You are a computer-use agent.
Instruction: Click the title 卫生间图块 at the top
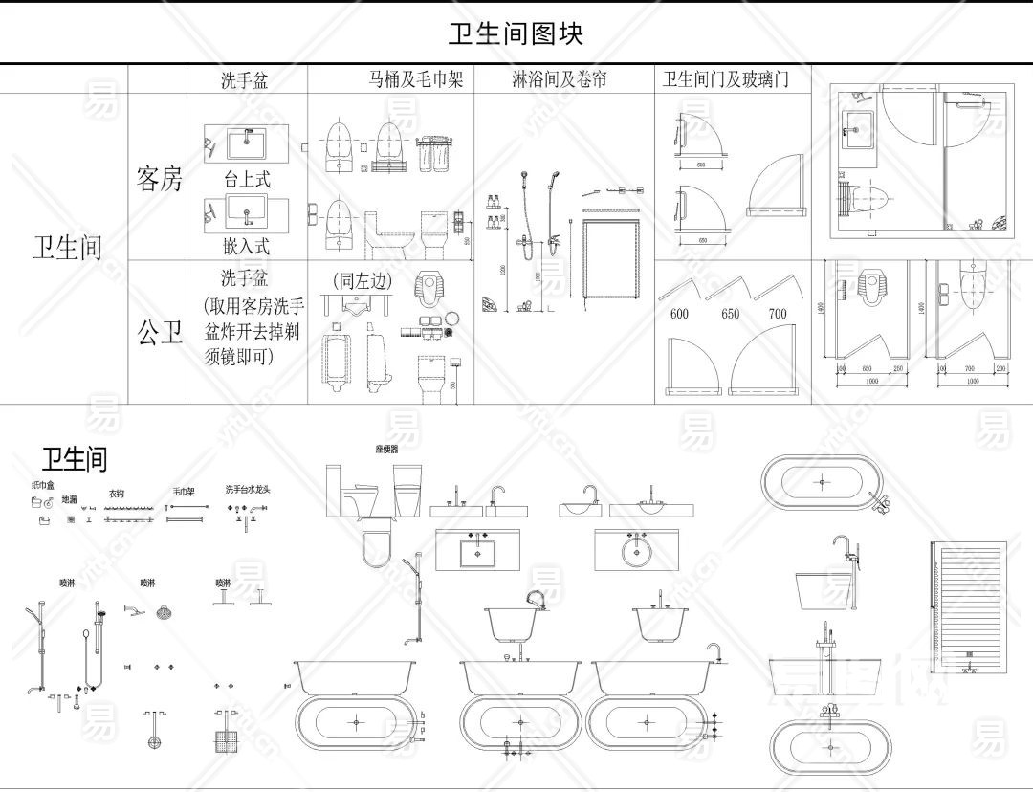pyautogui.click(x=516, y=33)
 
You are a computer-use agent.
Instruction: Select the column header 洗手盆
pyautogui.click(x=245, y=80)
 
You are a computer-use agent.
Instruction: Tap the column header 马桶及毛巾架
pyautogui.click(x=416, y=79)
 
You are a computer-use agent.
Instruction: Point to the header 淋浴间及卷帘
pyautogui.click(x=560, y=79)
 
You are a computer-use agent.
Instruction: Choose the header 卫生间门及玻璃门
pyautogui.click(x=726, y=79)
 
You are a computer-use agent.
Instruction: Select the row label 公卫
pyautogui.click(x=159, y=333)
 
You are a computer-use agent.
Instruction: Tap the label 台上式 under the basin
pyautogui.click(x=247, y=179)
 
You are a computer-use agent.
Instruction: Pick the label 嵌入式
pyautogui.click(x=247, y=246)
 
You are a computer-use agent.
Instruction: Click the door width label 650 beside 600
pyautogui.click(x=731, y=314)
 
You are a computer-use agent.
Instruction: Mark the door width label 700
pyautogui.click(x=777, y=314)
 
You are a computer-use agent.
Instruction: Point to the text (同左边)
pyautogui.click(x=358, y=281)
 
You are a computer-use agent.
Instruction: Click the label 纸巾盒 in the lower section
pyautogui.click(x=43, y=486)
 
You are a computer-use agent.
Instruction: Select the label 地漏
pyautogui.click(x=70, y=499)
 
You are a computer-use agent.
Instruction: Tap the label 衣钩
pyautogui.click(x=117, y=494)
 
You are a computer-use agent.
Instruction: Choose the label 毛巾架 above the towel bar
pyautogui.click(x=184, y=492)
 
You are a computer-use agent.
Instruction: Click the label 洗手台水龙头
pyautogui.click(x=248, y=489)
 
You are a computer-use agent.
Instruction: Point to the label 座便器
pyautogui.click(x=387, y=448)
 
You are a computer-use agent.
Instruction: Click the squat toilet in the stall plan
pyautogui.click(x=870, y=284)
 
